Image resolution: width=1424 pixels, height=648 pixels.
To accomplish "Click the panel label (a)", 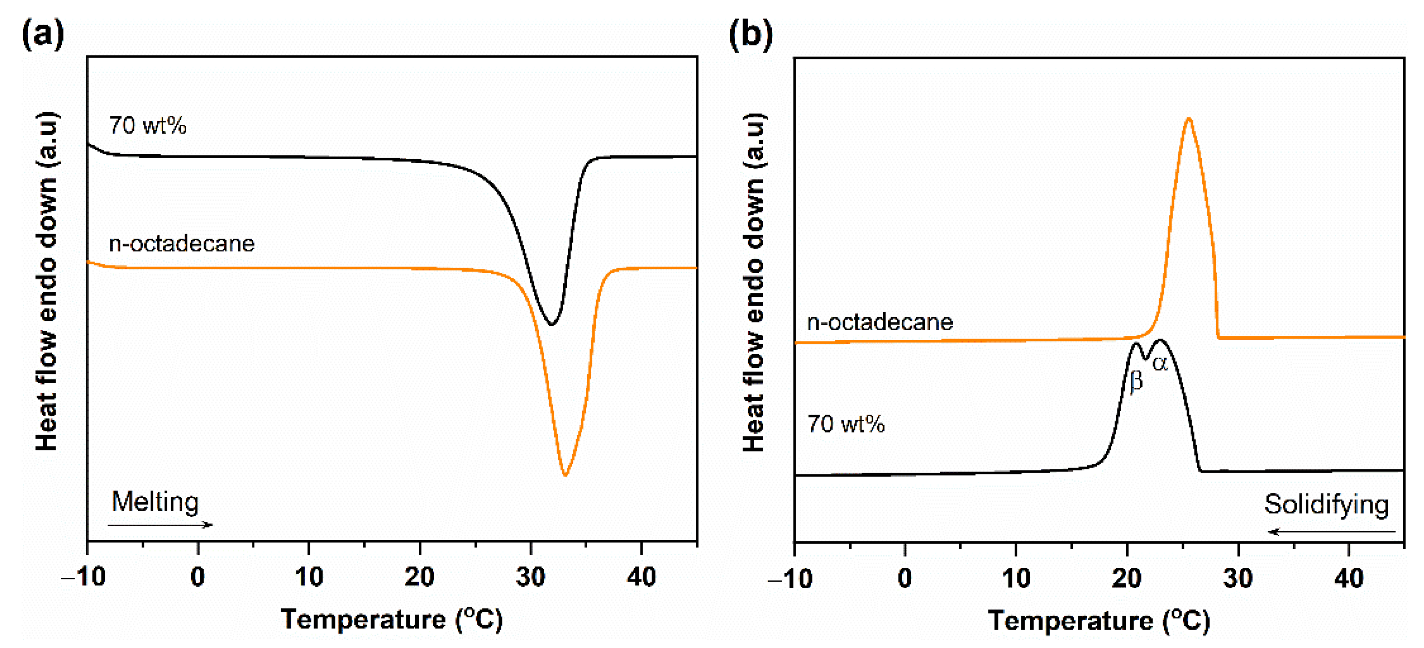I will point(43,34).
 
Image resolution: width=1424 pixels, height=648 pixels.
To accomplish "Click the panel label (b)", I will point(750,34).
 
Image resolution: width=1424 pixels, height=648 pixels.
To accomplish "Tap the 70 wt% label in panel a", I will point(148,126).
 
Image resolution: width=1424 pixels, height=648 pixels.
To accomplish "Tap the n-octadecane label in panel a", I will point(181,244).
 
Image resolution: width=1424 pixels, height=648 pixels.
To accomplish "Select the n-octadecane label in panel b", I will point(879,322).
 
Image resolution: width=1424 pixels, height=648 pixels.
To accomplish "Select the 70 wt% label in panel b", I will point(846,424).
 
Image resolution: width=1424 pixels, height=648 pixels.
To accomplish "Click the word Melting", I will point(155,502).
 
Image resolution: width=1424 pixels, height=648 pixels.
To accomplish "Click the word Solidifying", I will point(1326,504).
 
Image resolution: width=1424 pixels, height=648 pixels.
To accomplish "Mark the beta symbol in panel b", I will point(1136,381).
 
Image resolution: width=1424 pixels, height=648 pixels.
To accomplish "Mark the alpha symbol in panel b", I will point(1160,363).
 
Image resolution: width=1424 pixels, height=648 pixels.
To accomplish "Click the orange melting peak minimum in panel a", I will point(565,475).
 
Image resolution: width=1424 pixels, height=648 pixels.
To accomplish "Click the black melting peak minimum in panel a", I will point(551,324).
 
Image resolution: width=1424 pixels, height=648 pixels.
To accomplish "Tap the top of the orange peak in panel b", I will point(1188,119).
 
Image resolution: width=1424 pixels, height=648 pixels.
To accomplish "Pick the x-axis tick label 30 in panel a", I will point(530,577).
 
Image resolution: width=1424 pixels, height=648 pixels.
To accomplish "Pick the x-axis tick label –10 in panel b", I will point(790,579).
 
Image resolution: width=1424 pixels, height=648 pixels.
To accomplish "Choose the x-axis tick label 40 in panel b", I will point(1349,578).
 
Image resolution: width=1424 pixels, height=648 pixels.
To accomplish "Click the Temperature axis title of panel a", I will point(391,619).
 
